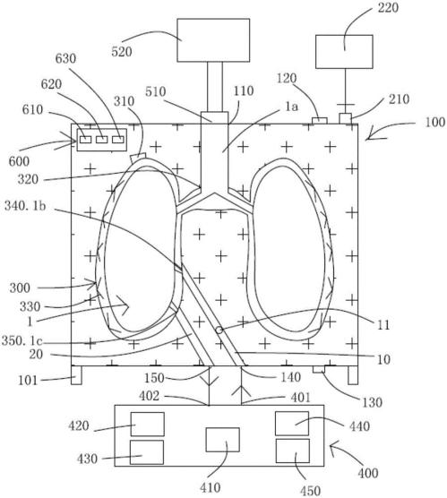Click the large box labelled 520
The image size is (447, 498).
pos(213,40)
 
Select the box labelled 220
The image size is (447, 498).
pos(344,52)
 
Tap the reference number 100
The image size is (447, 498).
pos(435,123)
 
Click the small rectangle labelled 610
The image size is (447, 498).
pos(85,140)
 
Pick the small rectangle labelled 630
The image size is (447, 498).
pos(117,140)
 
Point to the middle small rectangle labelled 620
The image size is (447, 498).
pos(101,140)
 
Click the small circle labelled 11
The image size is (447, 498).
pos(219,330)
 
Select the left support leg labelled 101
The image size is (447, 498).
pos(76,375)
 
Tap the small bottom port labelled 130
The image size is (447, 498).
pos(319,369)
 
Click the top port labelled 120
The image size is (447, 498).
pos(319,121)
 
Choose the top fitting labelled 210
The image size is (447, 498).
pos(346,119)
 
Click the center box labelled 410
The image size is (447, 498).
pos(222,440)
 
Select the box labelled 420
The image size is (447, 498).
pos(148,424)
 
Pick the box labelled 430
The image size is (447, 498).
pos(147,452)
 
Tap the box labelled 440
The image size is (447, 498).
pos(292,424)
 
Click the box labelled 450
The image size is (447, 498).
pos(293,451)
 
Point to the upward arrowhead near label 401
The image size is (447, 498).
pos(242,391)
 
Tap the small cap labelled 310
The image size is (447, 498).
pos(138,157)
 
